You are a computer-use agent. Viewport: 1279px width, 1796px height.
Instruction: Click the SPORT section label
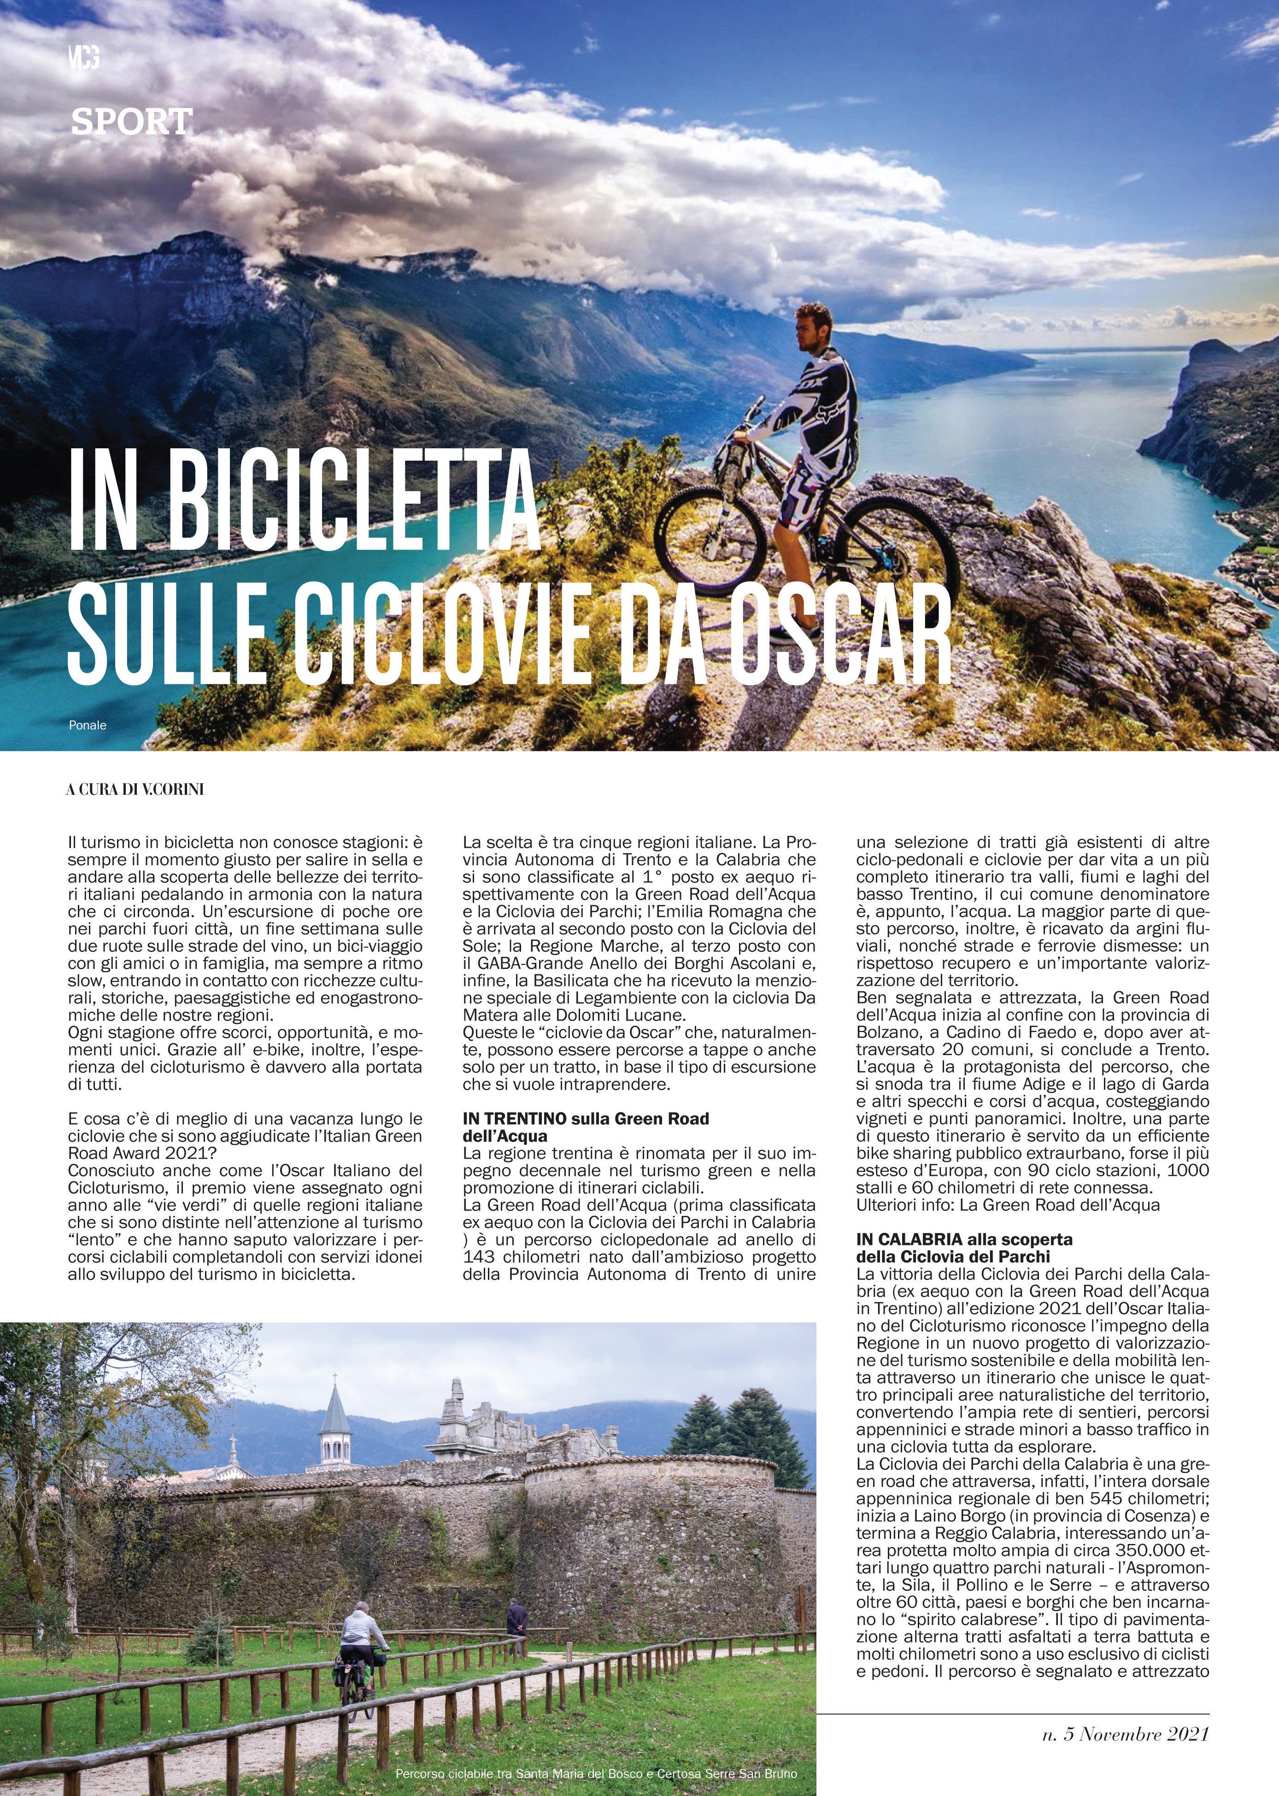131,121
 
